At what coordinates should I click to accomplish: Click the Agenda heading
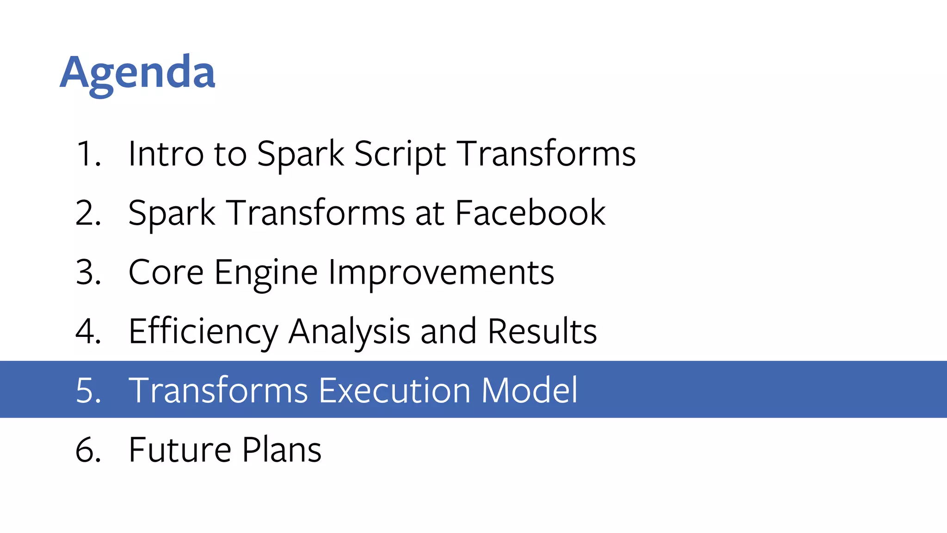click(x=137, y=73)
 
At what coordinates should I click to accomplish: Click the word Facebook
click(x=530, y=213)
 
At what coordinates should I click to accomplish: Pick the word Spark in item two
click(x=172, y=214)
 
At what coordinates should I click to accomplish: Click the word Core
click(x=166, y=272)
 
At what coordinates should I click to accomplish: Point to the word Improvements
click(x=441, y=273)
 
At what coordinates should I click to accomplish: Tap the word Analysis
click(x=349, y=332)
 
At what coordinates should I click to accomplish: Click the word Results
click(x=542, y=331)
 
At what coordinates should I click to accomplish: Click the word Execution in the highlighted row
click(x=394, y=390)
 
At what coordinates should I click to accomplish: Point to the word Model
click(x=529, y=390)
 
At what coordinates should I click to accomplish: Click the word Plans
click(x=281, y=450)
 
